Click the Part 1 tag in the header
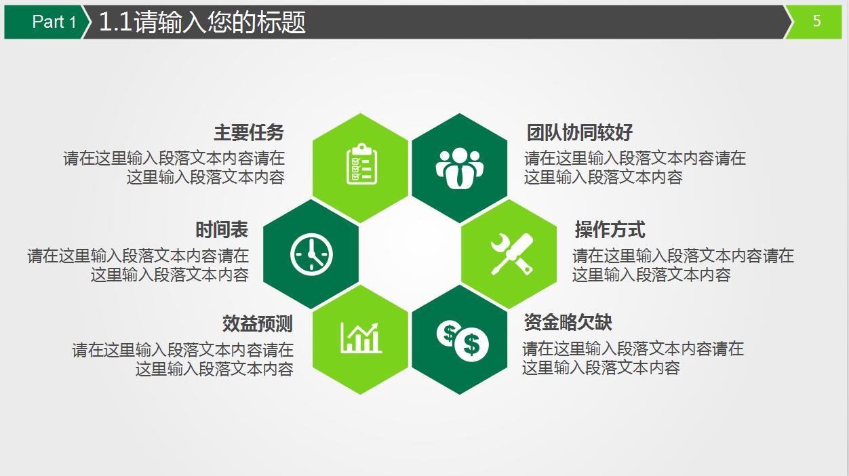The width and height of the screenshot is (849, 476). [x=54, y=22]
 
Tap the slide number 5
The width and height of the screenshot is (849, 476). [x=816, y=22]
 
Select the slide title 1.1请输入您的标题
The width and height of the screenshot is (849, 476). [x=202, y=22]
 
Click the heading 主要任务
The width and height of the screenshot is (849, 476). [x=249, y=132]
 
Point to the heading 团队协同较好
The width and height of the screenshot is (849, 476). [x=579, y=132]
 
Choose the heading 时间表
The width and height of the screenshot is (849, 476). [x=222, y=230]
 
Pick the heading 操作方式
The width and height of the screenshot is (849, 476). [x=610, y=230]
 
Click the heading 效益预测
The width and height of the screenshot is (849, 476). [x=257, y=323]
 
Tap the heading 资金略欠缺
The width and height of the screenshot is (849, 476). [x=568, y=322]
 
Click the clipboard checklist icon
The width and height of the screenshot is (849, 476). [x=361, y=164]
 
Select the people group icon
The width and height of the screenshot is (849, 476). [x=460, y=167]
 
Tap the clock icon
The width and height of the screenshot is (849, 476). [x=311, y=254]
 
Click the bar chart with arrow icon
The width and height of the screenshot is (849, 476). [x=361, y=338]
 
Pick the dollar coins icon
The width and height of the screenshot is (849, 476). [x=461, y=340]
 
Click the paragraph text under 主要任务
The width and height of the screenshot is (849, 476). [x=174, y=168]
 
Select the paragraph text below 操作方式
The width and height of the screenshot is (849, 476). [x=683, y=265]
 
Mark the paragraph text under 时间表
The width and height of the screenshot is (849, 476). [x=138, y=265]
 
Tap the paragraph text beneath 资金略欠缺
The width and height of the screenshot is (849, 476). [x=633, y=359]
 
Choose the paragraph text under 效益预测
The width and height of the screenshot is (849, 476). [x=183, y=360]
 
